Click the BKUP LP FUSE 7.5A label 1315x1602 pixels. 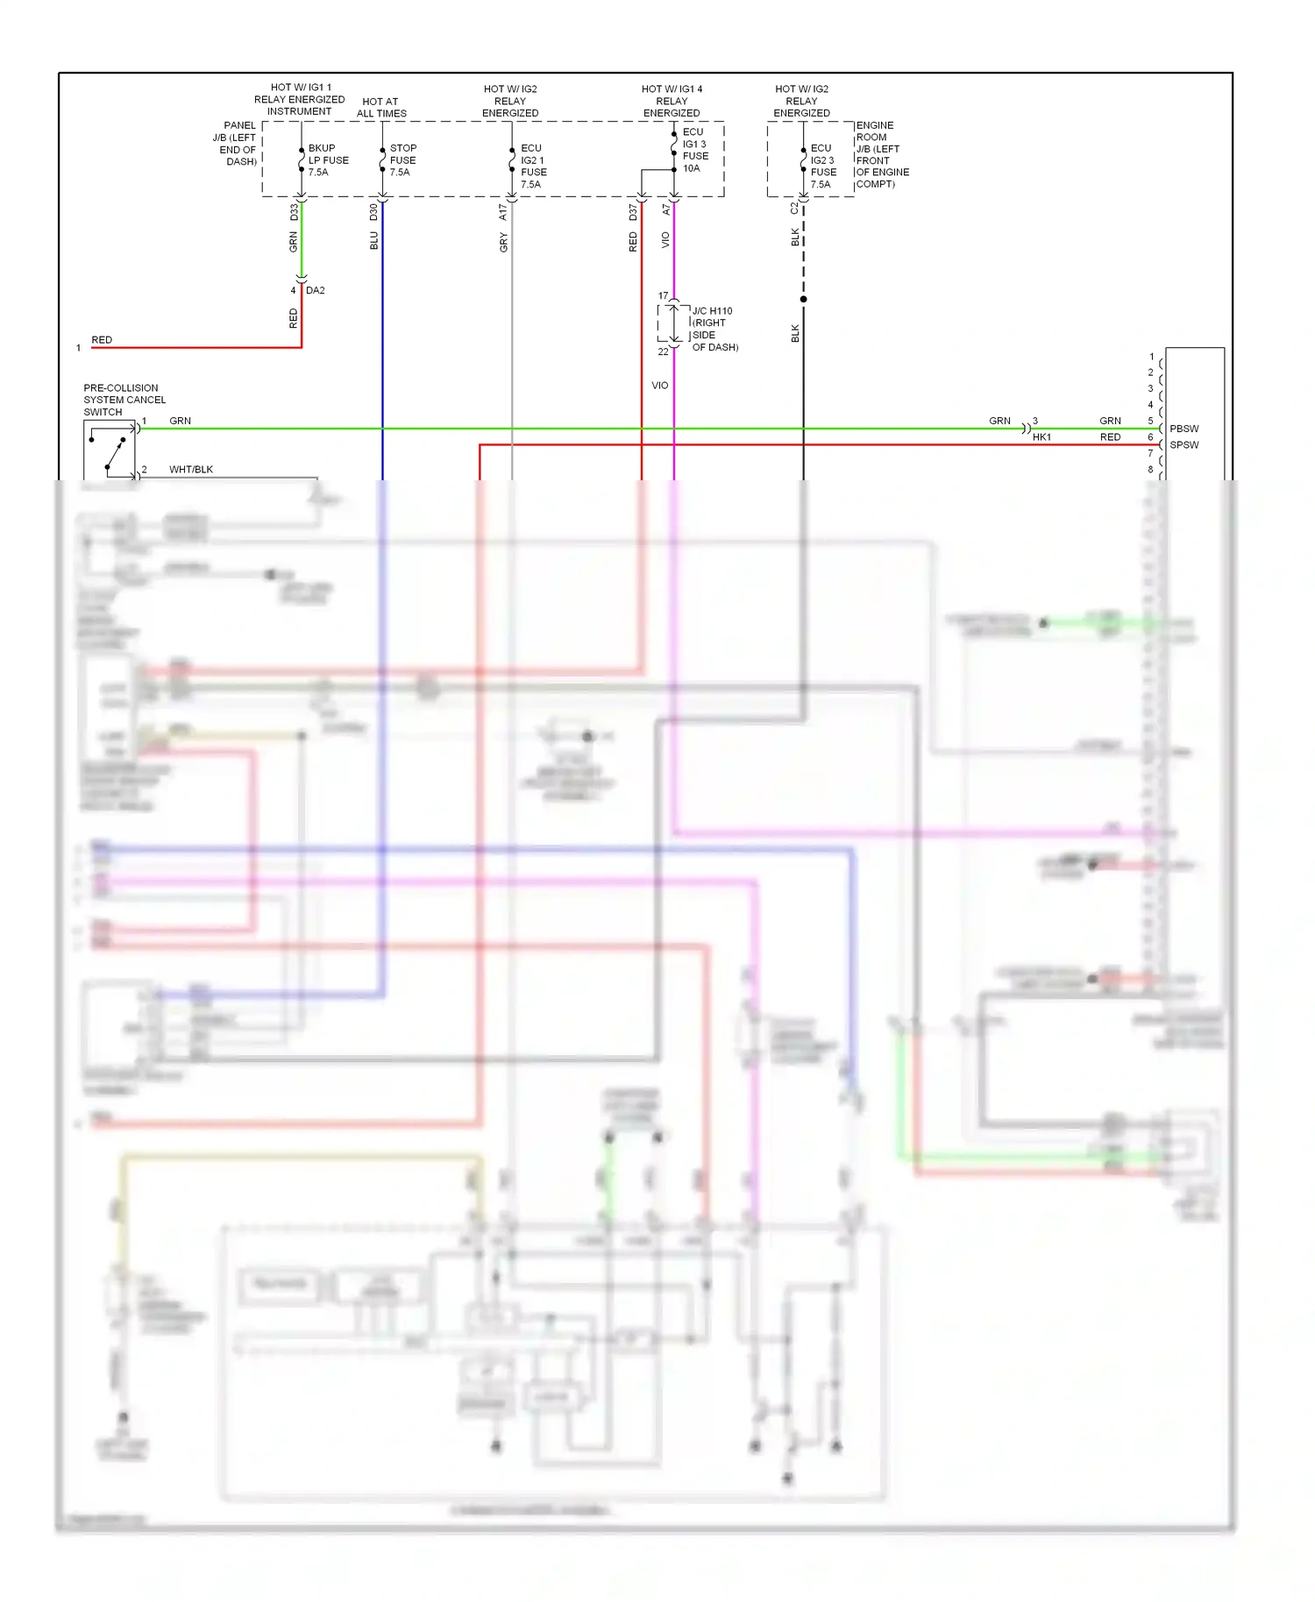tap(327, 160)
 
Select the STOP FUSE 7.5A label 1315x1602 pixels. tap(402, 160)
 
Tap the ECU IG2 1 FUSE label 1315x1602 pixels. tap(532, 167)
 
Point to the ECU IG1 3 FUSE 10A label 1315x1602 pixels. tap(694, 150)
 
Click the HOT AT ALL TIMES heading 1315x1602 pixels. tap(381, 108)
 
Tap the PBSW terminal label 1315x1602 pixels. tap(1183, 429)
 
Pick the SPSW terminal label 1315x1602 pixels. tap(1183, 445)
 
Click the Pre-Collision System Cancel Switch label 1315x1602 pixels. tap(124, 400)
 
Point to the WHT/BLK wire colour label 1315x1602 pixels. tap(191, 470)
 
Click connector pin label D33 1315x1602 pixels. tap(294, 212)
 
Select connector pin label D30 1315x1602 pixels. tap(373, 212)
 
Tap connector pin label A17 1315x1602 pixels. tap(503, 212)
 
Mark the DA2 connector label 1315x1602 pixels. tap(315, 291)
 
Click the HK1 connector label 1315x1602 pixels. tap(1041, 437)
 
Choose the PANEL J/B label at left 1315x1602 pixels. tap(235, 144)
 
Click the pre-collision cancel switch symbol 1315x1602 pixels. tap(110, 450)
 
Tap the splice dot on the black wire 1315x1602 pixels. tap(803, 300)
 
